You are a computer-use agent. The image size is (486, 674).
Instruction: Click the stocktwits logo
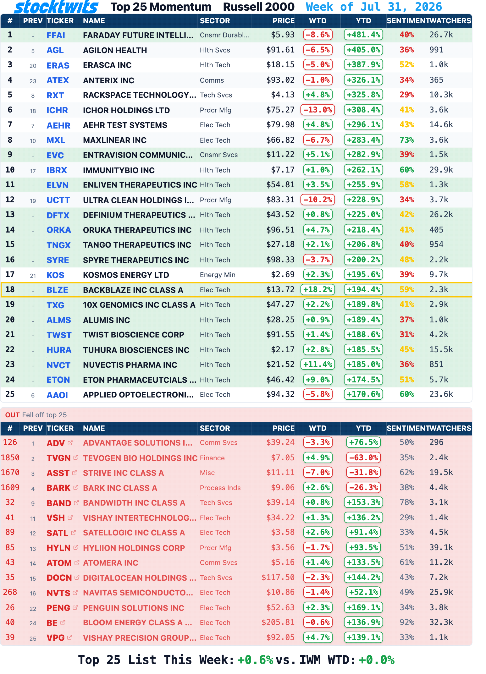coord(56,7)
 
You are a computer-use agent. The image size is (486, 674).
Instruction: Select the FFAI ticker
coord(56,35)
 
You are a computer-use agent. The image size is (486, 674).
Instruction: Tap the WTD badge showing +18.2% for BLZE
coord(318,289)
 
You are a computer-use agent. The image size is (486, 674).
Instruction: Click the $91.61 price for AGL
coord(280,50)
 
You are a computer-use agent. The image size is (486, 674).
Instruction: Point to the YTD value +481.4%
coord(363,35)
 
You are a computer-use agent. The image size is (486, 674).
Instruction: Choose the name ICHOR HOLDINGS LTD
coord(126,110)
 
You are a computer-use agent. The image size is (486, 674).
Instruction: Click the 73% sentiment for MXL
coord(406,140)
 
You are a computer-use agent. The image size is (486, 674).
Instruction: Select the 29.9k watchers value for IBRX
coord(441,170)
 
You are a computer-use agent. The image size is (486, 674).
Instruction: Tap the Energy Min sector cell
coord(218,275)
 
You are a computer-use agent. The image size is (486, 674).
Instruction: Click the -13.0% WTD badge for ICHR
coord(318,110)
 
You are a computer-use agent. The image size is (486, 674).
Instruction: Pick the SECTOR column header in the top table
coord(215,21)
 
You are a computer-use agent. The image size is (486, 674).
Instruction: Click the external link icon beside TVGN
coord(76,458)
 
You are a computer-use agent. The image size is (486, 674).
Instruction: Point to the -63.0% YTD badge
coord(363,458)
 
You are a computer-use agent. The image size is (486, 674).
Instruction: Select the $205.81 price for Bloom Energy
coord(278,622)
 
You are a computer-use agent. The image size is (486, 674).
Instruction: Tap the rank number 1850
coord(10,458)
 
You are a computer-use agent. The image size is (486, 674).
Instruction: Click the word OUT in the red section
coord(13,415)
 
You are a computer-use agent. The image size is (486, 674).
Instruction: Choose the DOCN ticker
coord(59,578)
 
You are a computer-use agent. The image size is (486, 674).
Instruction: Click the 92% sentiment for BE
coord(406,622)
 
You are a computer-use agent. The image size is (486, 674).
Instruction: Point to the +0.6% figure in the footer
coord(255,660)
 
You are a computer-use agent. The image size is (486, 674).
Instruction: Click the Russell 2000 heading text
coord(259,7)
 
